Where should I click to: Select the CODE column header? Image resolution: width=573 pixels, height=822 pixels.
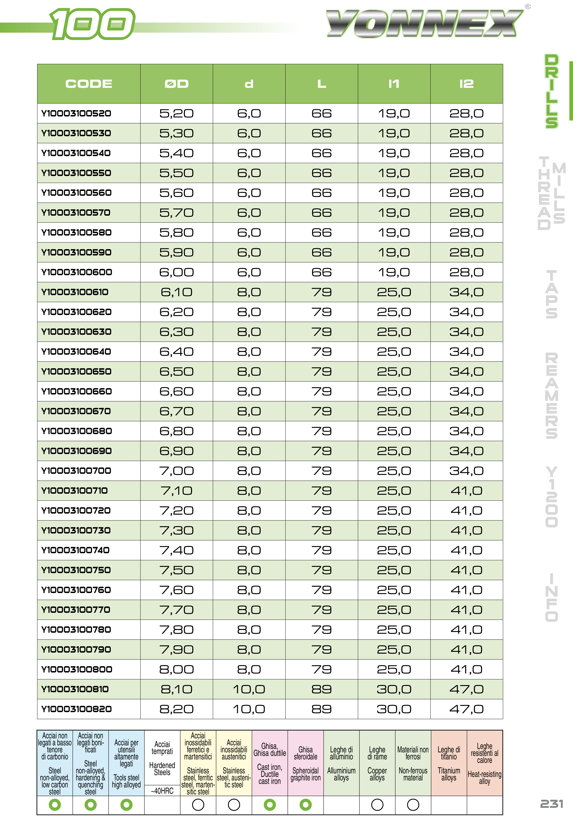tap(89, 84)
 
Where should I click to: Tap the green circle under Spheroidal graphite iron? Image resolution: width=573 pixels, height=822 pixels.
tap(305, 805)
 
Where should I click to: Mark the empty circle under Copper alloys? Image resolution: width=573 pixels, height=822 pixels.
tap(377, 805)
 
